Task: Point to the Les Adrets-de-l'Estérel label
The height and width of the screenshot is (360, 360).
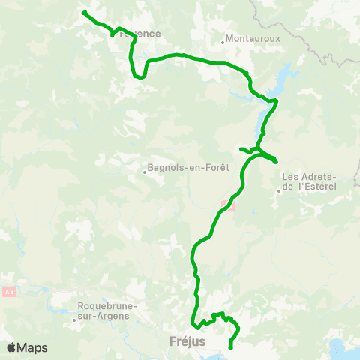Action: pyautogui.click(x=309, y=181)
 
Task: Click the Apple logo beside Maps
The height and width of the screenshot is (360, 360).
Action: pyautogui.click(x=12, y=347)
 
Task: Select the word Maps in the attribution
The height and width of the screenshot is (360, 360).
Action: pyautogui.click(x=32, y=347)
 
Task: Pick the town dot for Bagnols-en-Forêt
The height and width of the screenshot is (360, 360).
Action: pyautogui.click(x=145, y=171)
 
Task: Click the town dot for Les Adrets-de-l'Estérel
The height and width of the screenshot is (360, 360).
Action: pyautogui.click(x=278, y=190)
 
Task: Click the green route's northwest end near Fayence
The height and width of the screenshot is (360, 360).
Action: pyautogui.click(x=83, y=13)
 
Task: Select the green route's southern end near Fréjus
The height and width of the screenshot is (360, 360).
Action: pyautogui.click(x=229, y=347)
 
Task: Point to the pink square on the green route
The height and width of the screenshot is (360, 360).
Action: pyautogui.click(x=229, y=205)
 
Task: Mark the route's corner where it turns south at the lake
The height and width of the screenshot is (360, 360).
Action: pyautogui.click(x=276, y=100)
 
